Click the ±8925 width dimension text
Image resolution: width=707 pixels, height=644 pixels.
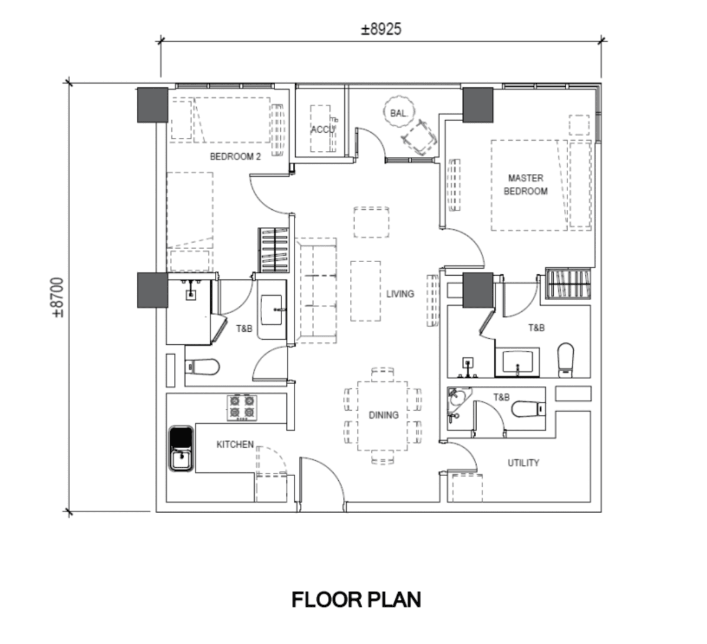(x=381, y=29)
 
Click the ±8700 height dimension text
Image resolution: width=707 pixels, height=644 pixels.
(x=58, y=298)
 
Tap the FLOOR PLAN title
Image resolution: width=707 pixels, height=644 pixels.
(x=356, y=600)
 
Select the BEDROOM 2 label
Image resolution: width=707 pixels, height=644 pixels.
(x=235, y=157)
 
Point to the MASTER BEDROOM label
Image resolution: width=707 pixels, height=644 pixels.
(x=526, y=184)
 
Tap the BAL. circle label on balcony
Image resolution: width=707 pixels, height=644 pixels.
(x=398, y=113)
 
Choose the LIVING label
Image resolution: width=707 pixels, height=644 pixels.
(x=400, y=293)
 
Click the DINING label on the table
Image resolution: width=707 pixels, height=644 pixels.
(x=384, y=415)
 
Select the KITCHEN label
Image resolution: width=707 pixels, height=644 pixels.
(x=234, y=444)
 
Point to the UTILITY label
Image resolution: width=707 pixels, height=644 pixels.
(x=523, y=463)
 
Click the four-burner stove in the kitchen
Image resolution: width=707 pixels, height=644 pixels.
(x=243, y=408)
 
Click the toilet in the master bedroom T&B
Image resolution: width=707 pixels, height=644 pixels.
(x=565, y=359)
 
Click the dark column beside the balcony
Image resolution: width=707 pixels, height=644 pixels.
(x=477, y=105)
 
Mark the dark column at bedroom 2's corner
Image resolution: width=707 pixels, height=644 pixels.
(x=153, y=105)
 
